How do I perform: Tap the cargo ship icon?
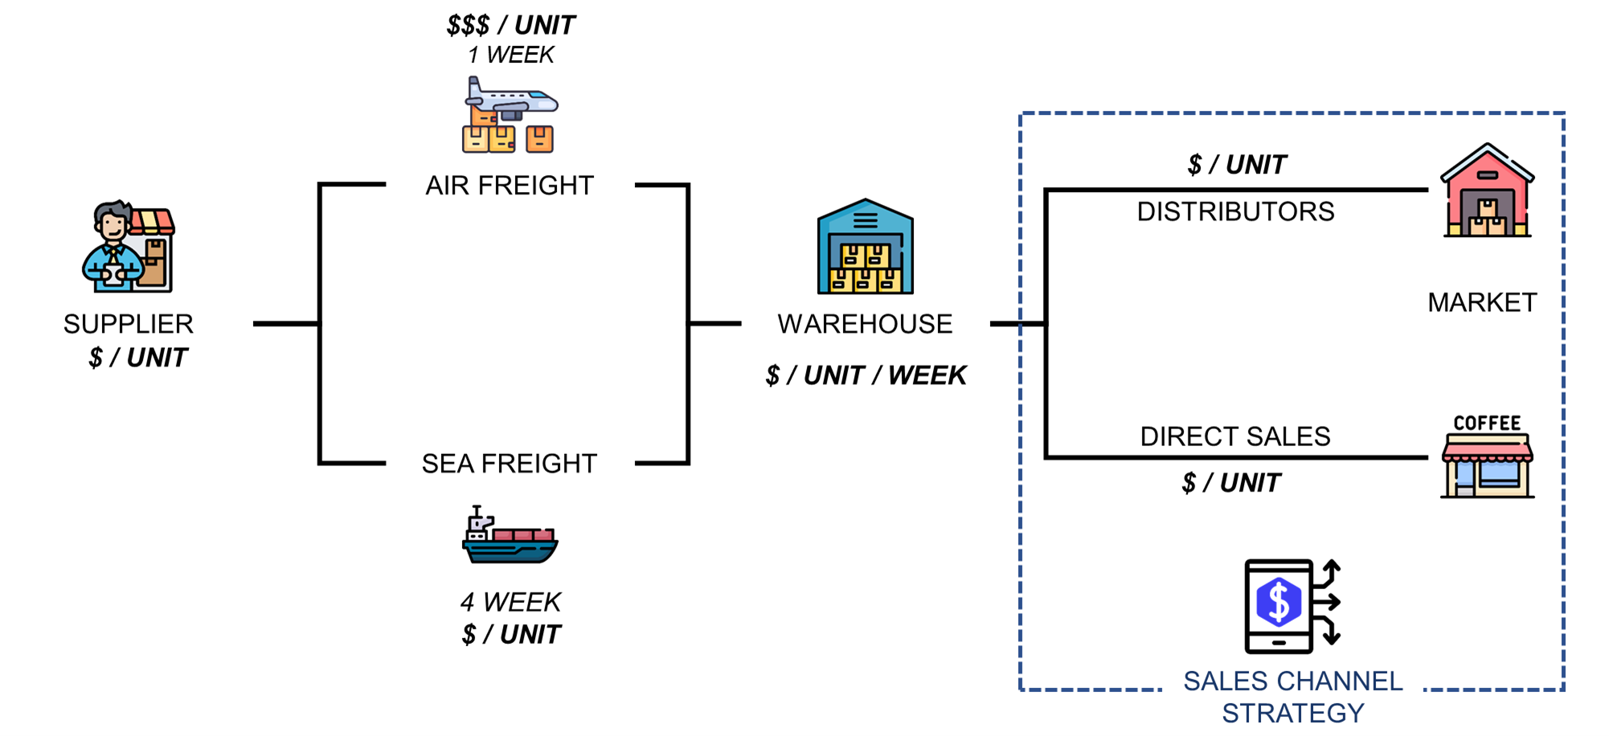click(510, 535)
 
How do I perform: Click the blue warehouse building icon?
click(865, 247)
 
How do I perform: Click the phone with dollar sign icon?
click(1291, 606)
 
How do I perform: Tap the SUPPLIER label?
click(129, 324)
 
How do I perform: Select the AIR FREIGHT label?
click(510, 186)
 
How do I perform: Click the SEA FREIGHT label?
click(510, 464)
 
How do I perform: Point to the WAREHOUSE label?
click(865, 324)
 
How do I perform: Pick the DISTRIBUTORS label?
click(1235, 211)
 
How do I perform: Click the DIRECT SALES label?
click(1235, 436)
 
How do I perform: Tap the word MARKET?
click(1482, 302)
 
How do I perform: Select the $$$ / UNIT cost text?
click(511, 26)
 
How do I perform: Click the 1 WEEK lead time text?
click(511, 55)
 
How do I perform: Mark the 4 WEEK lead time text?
click(511, 602)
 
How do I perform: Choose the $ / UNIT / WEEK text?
click(866, 375)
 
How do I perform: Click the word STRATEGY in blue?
click(1292, 713)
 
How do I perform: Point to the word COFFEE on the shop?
click(1487, 424)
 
